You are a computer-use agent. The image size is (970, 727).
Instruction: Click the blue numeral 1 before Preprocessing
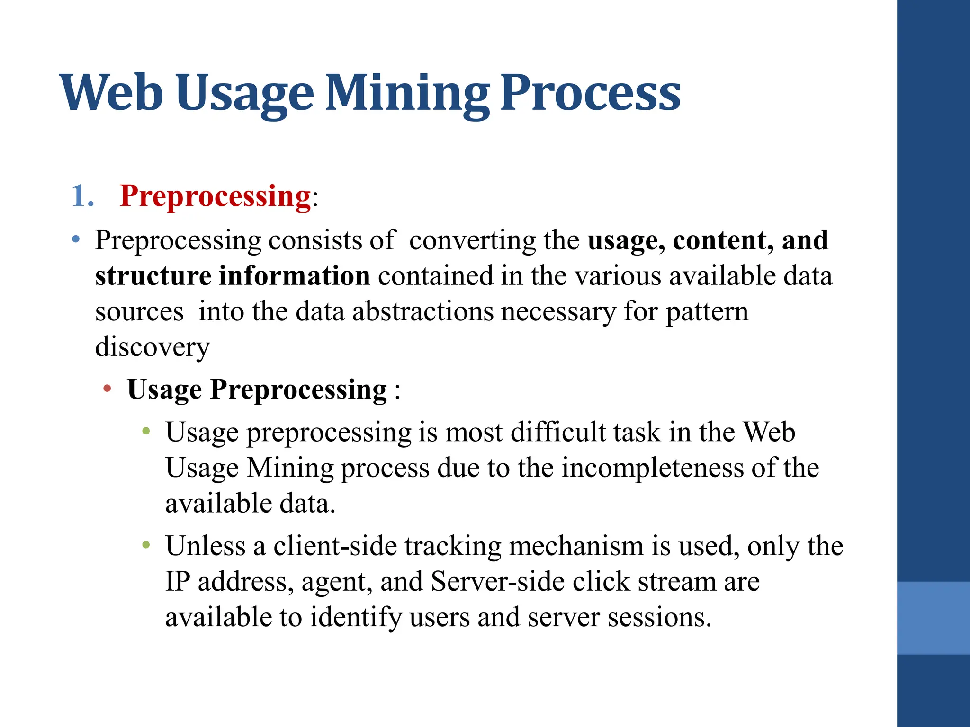(79, 195)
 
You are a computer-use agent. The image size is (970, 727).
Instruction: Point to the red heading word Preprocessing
(215, 195)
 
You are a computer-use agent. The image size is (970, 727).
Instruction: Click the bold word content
(723, 240)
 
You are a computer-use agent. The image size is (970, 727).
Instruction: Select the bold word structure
(153, 275)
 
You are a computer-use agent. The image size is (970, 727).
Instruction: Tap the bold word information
(294, 275)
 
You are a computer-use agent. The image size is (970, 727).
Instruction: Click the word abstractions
(422, 311)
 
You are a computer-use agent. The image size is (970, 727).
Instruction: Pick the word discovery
(152, 347)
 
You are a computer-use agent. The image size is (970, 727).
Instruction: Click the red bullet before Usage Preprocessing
(108, 389)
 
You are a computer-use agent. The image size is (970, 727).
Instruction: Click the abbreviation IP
(178, 581)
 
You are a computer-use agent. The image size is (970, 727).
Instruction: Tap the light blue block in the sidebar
(933, 618)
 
